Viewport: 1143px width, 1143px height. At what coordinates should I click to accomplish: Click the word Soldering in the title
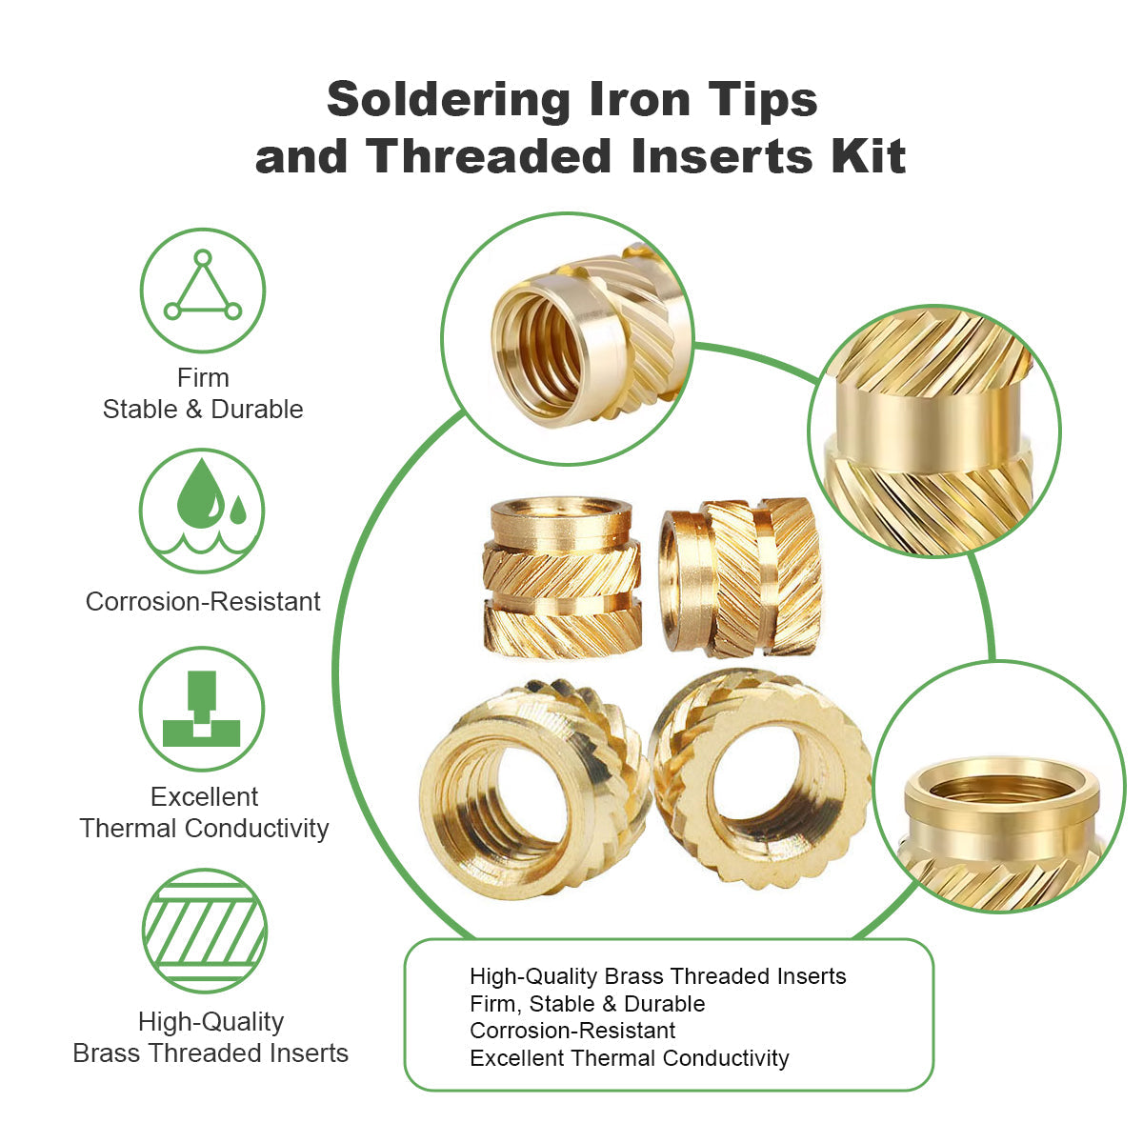[449, 100]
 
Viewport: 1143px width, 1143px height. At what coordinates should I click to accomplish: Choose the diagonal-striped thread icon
[204, 930]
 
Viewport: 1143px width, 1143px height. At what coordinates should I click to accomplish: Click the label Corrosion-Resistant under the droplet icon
[203, 602]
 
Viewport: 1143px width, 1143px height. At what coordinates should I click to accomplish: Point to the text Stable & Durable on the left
[203, 410]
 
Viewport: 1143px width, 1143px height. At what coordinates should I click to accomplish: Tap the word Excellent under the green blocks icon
[204, 797]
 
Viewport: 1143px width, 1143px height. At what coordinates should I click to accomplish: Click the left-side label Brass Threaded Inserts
[211, 1053]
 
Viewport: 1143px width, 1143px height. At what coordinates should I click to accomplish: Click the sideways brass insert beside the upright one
[740, 577]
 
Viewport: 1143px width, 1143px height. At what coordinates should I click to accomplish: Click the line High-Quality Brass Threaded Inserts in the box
[657, 976]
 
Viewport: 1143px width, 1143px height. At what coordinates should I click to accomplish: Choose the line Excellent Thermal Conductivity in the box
[629, 1058]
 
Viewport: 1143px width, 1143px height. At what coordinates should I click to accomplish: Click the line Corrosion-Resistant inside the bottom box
[572, 1031]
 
